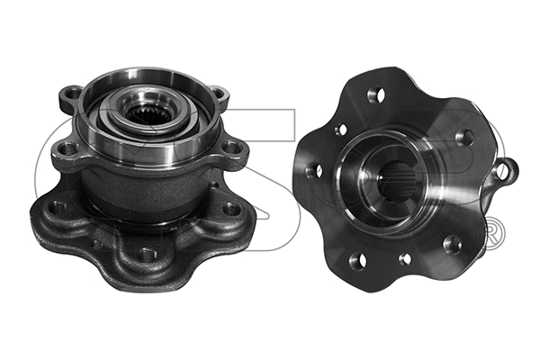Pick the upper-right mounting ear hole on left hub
[219, 94]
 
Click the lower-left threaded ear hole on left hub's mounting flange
[64, 148]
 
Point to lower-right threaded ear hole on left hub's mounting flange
[231, 147]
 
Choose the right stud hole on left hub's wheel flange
[231, 208]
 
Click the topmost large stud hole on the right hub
[376, 94]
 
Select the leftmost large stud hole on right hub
[313, 169]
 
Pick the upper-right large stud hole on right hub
[464, 137]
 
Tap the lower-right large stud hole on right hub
[453, 244]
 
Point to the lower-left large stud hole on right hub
[357, 260]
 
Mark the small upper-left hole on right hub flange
[341, 129]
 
